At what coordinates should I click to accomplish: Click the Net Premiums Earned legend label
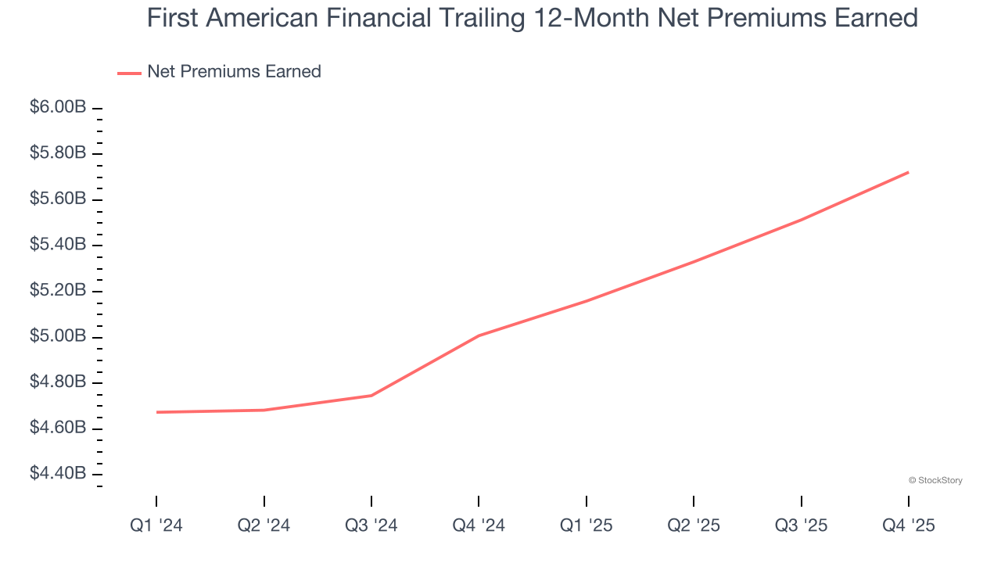[x=234, y=72]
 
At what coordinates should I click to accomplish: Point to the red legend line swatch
[x=129, y=73]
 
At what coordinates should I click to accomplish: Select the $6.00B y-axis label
[x=58, y=107]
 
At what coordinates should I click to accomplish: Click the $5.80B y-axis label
[x=58, y=153]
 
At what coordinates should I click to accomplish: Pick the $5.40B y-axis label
[x=58, y=245]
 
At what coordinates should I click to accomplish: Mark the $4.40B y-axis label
[x=58, y=474]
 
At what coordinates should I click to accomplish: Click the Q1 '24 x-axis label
[x=156, y=526]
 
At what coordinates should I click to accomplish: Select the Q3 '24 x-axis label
[x=371, y=526]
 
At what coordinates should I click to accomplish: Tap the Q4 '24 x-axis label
[x=479, y=526]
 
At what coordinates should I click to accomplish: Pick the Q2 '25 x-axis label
[x=694, y=526]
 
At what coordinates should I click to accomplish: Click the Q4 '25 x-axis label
[x=909, y=526]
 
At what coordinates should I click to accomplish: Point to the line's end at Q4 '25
[x=908, y=172]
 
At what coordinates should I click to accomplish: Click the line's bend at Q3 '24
[x=371, y=396]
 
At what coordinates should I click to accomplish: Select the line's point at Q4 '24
[x=479, y=335]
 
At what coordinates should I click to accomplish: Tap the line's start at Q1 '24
[x=157, y=412]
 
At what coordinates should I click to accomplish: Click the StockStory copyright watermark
[x=935, y=480]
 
